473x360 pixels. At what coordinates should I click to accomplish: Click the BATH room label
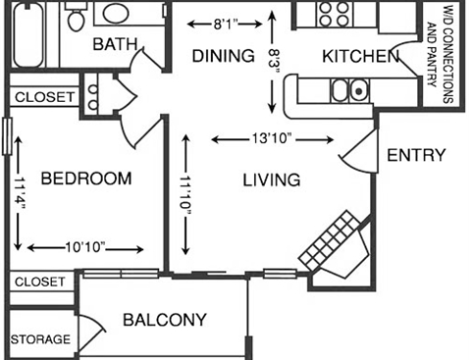(x=113, y=44)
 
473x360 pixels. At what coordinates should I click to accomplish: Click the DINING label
(x=223, y=55)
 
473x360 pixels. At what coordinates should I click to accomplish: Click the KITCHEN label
(x=360, y=56)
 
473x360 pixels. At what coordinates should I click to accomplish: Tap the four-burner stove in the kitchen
(x=336, y=14)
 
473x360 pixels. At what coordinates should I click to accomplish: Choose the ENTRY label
(x=416, y=155)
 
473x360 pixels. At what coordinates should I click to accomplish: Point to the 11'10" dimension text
(x=184, y=195)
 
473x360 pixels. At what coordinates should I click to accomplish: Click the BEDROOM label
(x=86, y=179)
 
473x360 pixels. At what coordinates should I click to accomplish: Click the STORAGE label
(x=40, y=339)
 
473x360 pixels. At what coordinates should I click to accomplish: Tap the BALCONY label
(x=164, y=320)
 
